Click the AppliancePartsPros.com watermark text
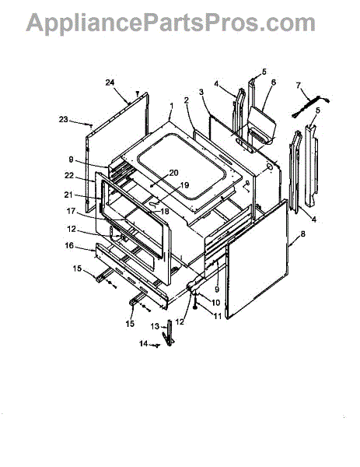[x=170, y=23]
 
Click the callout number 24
[x=110, y=83]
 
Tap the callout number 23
[x=64, y=119]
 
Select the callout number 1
[x=171, y=106]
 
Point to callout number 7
[x=298, y=86]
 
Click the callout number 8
[x=302, y=234]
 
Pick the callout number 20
[x=173, y=173]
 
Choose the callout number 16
[x=69, y=246]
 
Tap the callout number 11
[x=218, y=316]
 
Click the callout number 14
[x=143, y=344]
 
